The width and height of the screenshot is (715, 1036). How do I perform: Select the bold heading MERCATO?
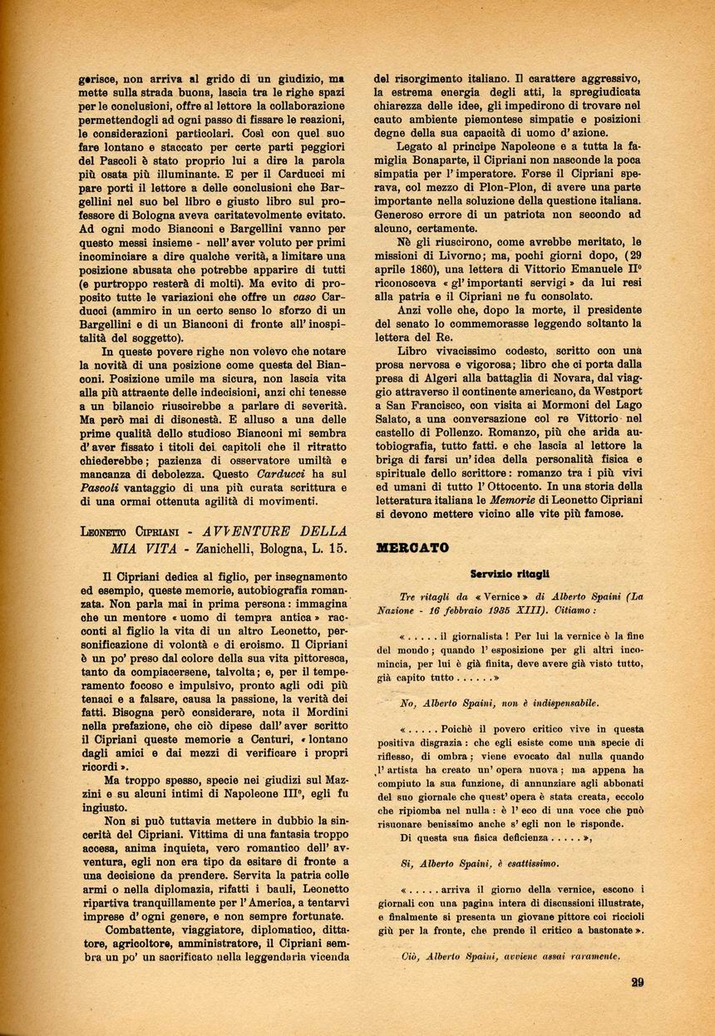[412, 548]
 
